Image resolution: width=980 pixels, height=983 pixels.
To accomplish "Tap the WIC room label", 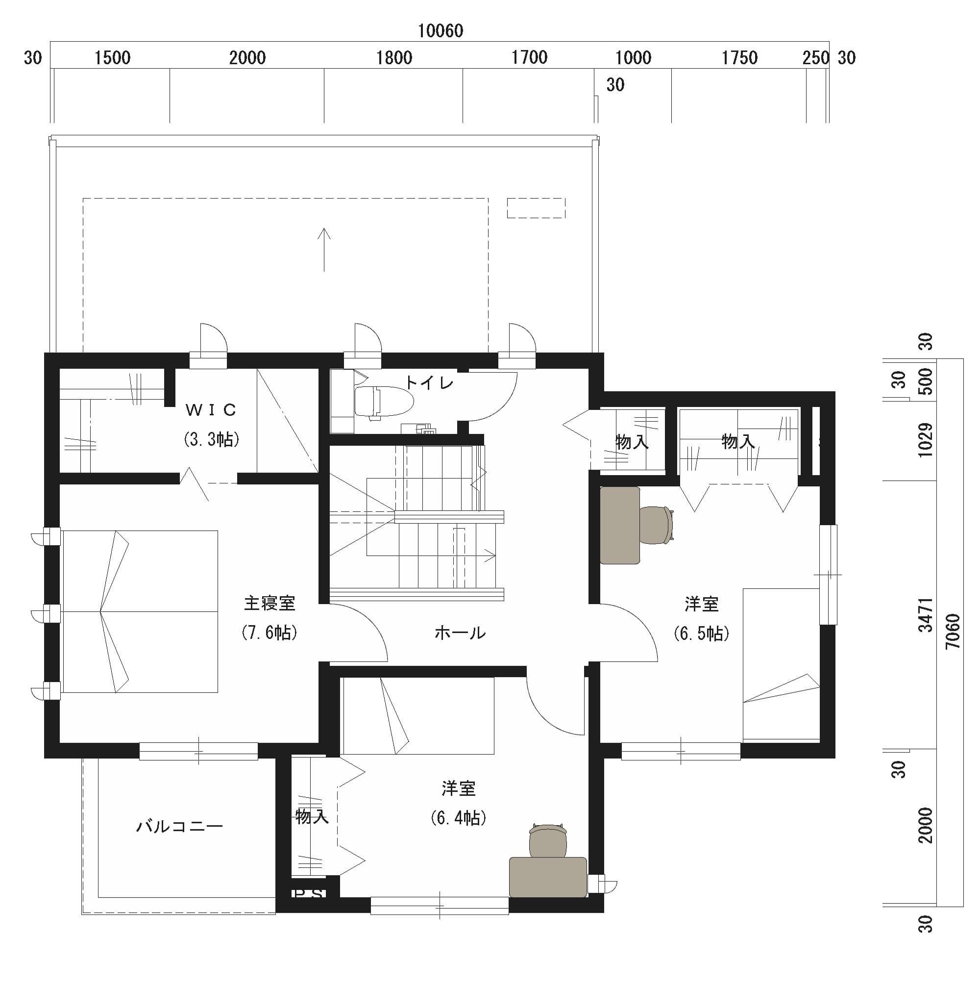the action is pyautogui.click(x=211, y=410).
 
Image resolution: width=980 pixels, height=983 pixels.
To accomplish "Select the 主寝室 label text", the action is pyautogui.click(x=269, y=604).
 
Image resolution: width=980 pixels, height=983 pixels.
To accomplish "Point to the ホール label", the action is pyautogui.click(x=460, y=633).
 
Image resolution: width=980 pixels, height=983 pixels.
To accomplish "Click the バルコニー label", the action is pyautogui.click(x=179, y=826).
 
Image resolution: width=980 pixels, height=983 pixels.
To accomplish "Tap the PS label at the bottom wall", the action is pyautogui.click(x=308, y=893).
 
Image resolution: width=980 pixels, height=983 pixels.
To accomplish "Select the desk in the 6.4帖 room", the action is pyautogui.click(x=548, y=877).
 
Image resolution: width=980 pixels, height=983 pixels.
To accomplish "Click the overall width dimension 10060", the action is pyautogui.click(x=441, y=31).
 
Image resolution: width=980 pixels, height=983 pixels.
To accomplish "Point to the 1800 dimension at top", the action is pyautogui.click(x=394, y=58).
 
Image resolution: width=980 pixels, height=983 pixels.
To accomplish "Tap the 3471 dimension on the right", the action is pyautogui.click(x=926, y=615).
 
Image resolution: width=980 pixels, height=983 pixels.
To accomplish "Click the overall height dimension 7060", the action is pyautogui.click(x=953, y=631).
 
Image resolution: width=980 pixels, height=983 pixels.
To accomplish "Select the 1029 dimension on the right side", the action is pyautogui.click(x=926, y=440).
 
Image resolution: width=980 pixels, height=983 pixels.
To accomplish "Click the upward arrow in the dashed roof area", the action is pyautogui.click(x=324, y=250).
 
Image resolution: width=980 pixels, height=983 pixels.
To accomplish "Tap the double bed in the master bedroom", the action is pyautogui.click(x=140, y=611).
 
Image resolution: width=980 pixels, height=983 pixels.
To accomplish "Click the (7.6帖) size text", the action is pyautogui.click(x=269, y=632).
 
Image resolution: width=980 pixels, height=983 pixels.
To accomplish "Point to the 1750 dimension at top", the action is pyautogui.click(x=739, y=58).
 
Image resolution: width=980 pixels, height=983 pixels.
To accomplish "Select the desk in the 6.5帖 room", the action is pyautogui.click(x=619, y=526).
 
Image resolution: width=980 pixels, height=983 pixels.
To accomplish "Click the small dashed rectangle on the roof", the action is pyautogui.click(x=536, y=208).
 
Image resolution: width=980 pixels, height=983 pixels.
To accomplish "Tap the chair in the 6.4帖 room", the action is pyautogui.click(x=548, y=840).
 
